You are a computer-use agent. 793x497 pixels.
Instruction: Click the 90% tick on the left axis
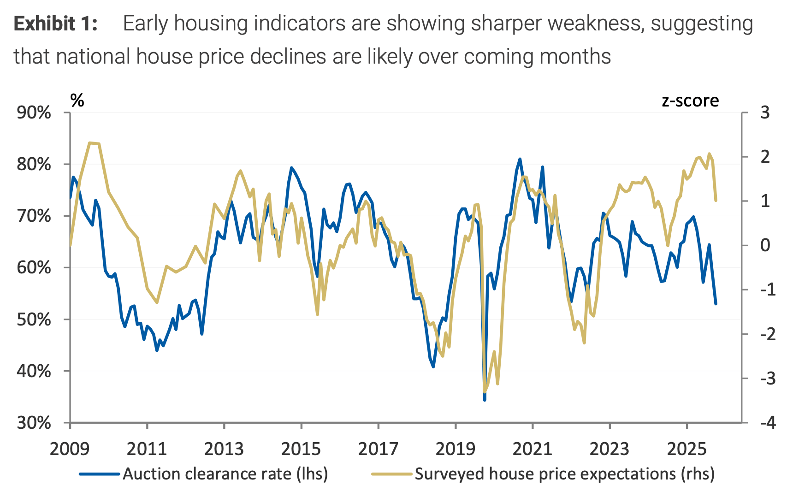[34, 112]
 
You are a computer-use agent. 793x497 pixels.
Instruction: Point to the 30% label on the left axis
[34, 423]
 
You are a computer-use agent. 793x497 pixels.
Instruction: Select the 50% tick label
[34, 319]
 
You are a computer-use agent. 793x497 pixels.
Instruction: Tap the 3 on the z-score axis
[765, 112]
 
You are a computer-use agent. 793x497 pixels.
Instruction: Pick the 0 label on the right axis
[765, 245]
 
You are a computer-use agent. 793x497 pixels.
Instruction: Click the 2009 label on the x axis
[70, 449]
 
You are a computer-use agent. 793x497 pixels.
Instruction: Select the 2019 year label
[455, 449]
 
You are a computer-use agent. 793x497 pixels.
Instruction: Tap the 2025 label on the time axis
[686, 449]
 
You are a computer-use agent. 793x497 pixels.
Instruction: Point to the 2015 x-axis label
[301, 449]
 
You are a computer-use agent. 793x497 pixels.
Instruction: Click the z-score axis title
[690, 101]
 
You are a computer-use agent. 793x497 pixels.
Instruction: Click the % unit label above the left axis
[77, 100]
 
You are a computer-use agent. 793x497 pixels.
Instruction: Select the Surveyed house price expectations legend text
[564, 474]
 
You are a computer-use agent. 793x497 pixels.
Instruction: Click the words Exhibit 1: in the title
[56, 24]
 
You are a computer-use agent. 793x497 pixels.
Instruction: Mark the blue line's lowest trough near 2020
[485, 400]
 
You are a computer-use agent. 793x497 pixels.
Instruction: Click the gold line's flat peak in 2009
[94, 143]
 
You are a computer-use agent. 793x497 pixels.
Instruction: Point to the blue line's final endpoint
[716, 304]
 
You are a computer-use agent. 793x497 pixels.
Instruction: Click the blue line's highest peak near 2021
[520, 159]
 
